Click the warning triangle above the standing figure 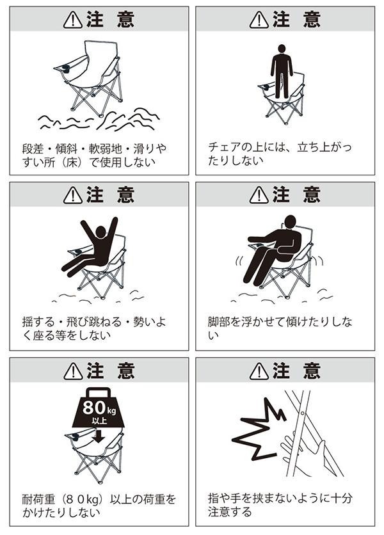(259, 19)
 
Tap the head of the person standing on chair (282, 49)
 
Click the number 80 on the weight (94, 407)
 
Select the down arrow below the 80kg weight (99, 436)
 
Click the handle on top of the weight (99, 392)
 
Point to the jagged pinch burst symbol (259, 429)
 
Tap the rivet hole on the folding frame (302, 413)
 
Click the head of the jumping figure (100, 232)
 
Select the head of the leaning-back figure (290, 222)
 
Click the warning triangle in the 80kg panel (73, 371)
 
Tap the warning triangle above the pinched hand (259, 371)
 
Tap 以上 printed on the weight (99, 420)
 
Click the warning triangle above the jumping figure (73, 196)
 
